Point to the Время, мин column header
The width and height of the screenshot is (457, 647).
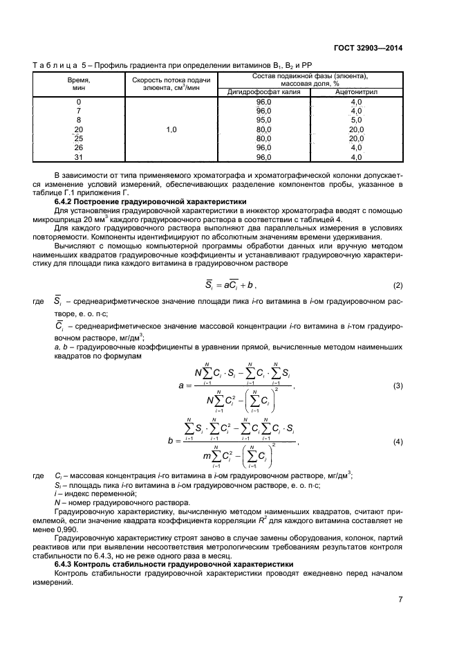pos(78,84)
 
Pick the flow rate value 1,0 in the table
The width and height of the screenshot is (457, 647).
pos(171,129)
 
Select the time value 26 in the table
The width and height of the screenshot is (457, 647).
pos(78,147)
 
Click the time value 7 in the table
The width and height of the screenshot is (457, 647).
pos(78,111)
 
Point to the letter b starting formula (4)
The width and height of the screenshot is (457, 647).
pos(169,441)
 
